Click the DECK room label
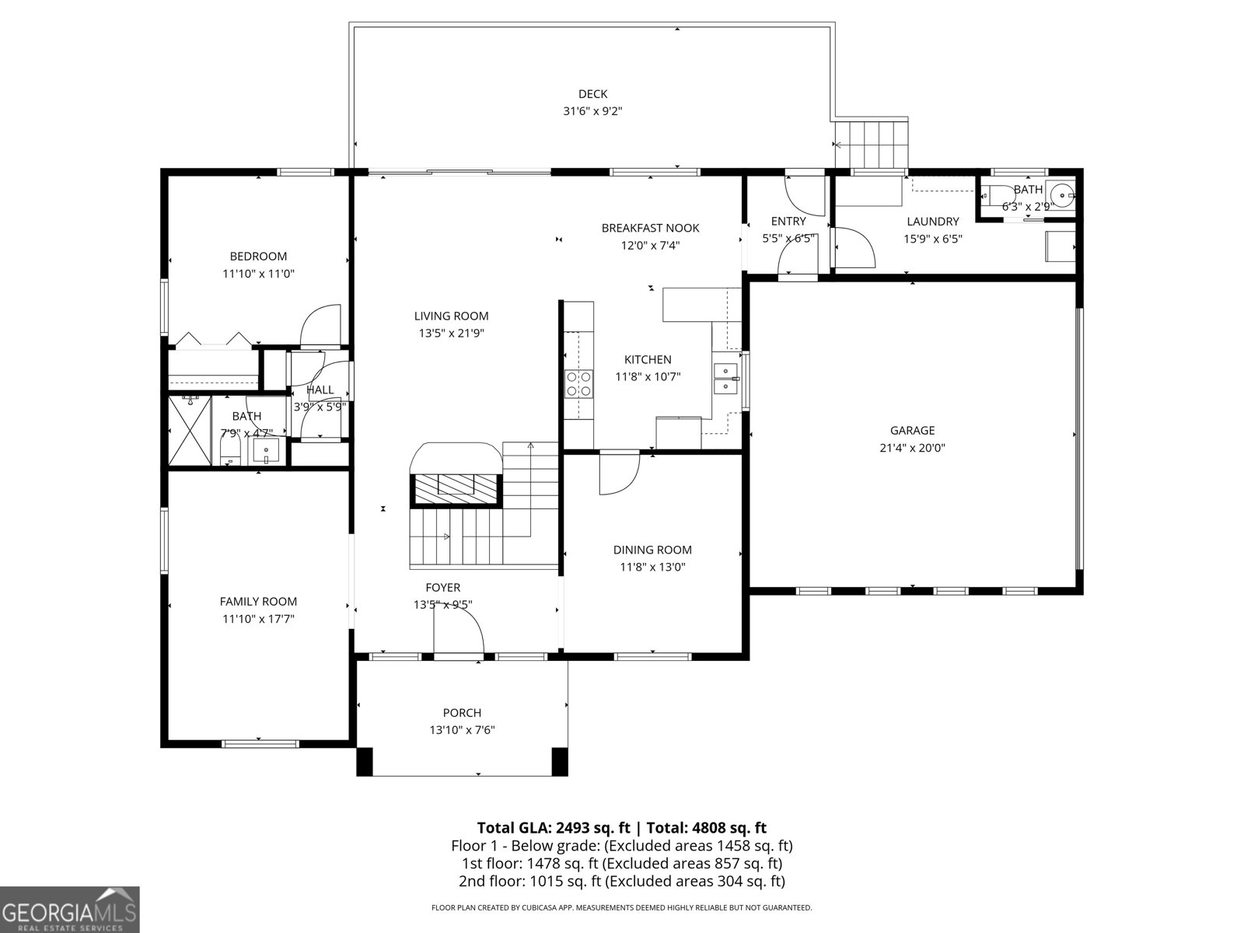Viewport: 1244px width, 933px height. (592, 94)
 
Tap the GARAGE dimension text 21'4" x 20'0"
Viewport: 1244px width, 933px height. (912, 448)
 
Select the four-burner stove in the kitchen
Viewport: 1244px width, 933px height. (578, 384)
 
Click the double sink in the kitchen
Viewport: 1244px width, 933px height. (726, 379)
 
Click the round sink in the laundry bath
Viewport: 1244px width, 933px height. (1059, 195)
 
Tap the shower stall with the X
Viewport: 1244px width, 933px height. (190, 431)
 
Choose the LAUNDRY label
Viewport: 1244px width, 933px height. (932, 222)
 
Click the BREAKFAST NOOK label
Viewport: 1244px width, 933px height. (650, 228)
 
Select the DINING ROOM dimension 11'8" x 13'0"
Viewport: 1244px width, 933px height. (652, 567)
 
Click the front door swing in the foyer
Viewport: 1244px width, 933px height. (459, 628)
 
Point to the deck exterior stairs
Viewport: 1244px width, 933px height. (872, 145)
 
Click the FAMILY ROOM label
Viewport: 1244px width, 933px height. (258, 601)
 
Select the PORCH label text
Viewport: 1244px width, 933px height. (462, 713)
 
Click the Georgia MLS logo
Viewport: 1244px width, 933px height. (70, 910)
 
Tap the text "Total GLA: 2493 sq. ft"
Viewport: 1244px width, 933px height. (553, 827)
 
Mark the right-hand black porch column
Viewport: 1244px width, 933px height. (559, 761)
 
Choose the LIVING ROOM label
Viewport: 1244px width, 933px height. (451, 316)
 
